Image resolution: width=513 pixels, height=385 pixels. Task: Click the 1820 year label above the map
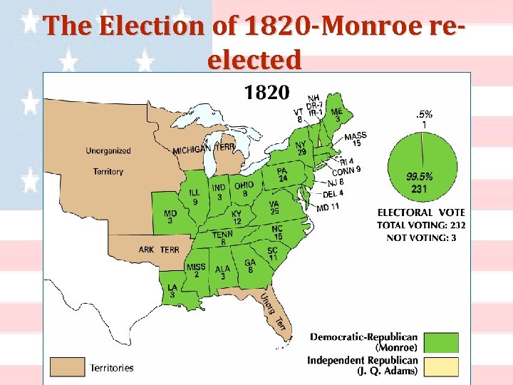[267, 93]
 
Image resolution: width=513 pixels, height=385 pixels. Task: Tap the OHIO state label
[244, 185]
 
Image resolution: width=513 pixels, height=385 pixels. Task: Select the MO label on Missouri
[170, 213]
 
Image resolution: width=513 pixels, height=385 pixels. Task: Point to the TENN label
[222, 235]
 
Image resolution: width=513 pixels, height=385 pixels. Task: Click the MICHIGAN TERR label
[204, 149]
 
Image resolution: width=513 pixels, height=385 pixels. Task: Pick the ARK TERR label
[159, 249]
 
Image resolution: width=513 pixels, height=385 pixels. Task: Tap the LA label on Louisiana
[172, 287]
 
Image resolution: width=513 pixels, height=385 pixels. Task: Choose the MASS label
[356, 136]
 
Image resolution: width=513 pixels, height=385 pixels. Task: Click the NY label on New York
[301, 145]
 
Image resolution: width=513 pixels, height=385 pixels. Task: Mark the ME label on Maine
[337, 112]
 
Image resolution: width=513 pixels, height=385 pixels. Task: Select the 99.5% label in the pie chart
[418, 175]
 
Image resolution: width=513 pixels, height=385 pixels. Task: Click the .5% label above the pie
[424, 114]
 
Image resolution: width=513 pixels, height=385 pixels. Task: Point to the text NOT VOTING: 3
[422, 238]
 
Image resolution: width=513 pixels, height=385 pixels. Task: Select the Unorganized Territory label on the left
[108, 161]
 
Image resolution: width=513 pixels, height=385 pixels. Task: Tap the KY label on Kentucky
[237, 213]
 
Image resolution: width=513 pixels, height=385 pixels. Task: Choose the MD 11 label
[327, 207]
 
